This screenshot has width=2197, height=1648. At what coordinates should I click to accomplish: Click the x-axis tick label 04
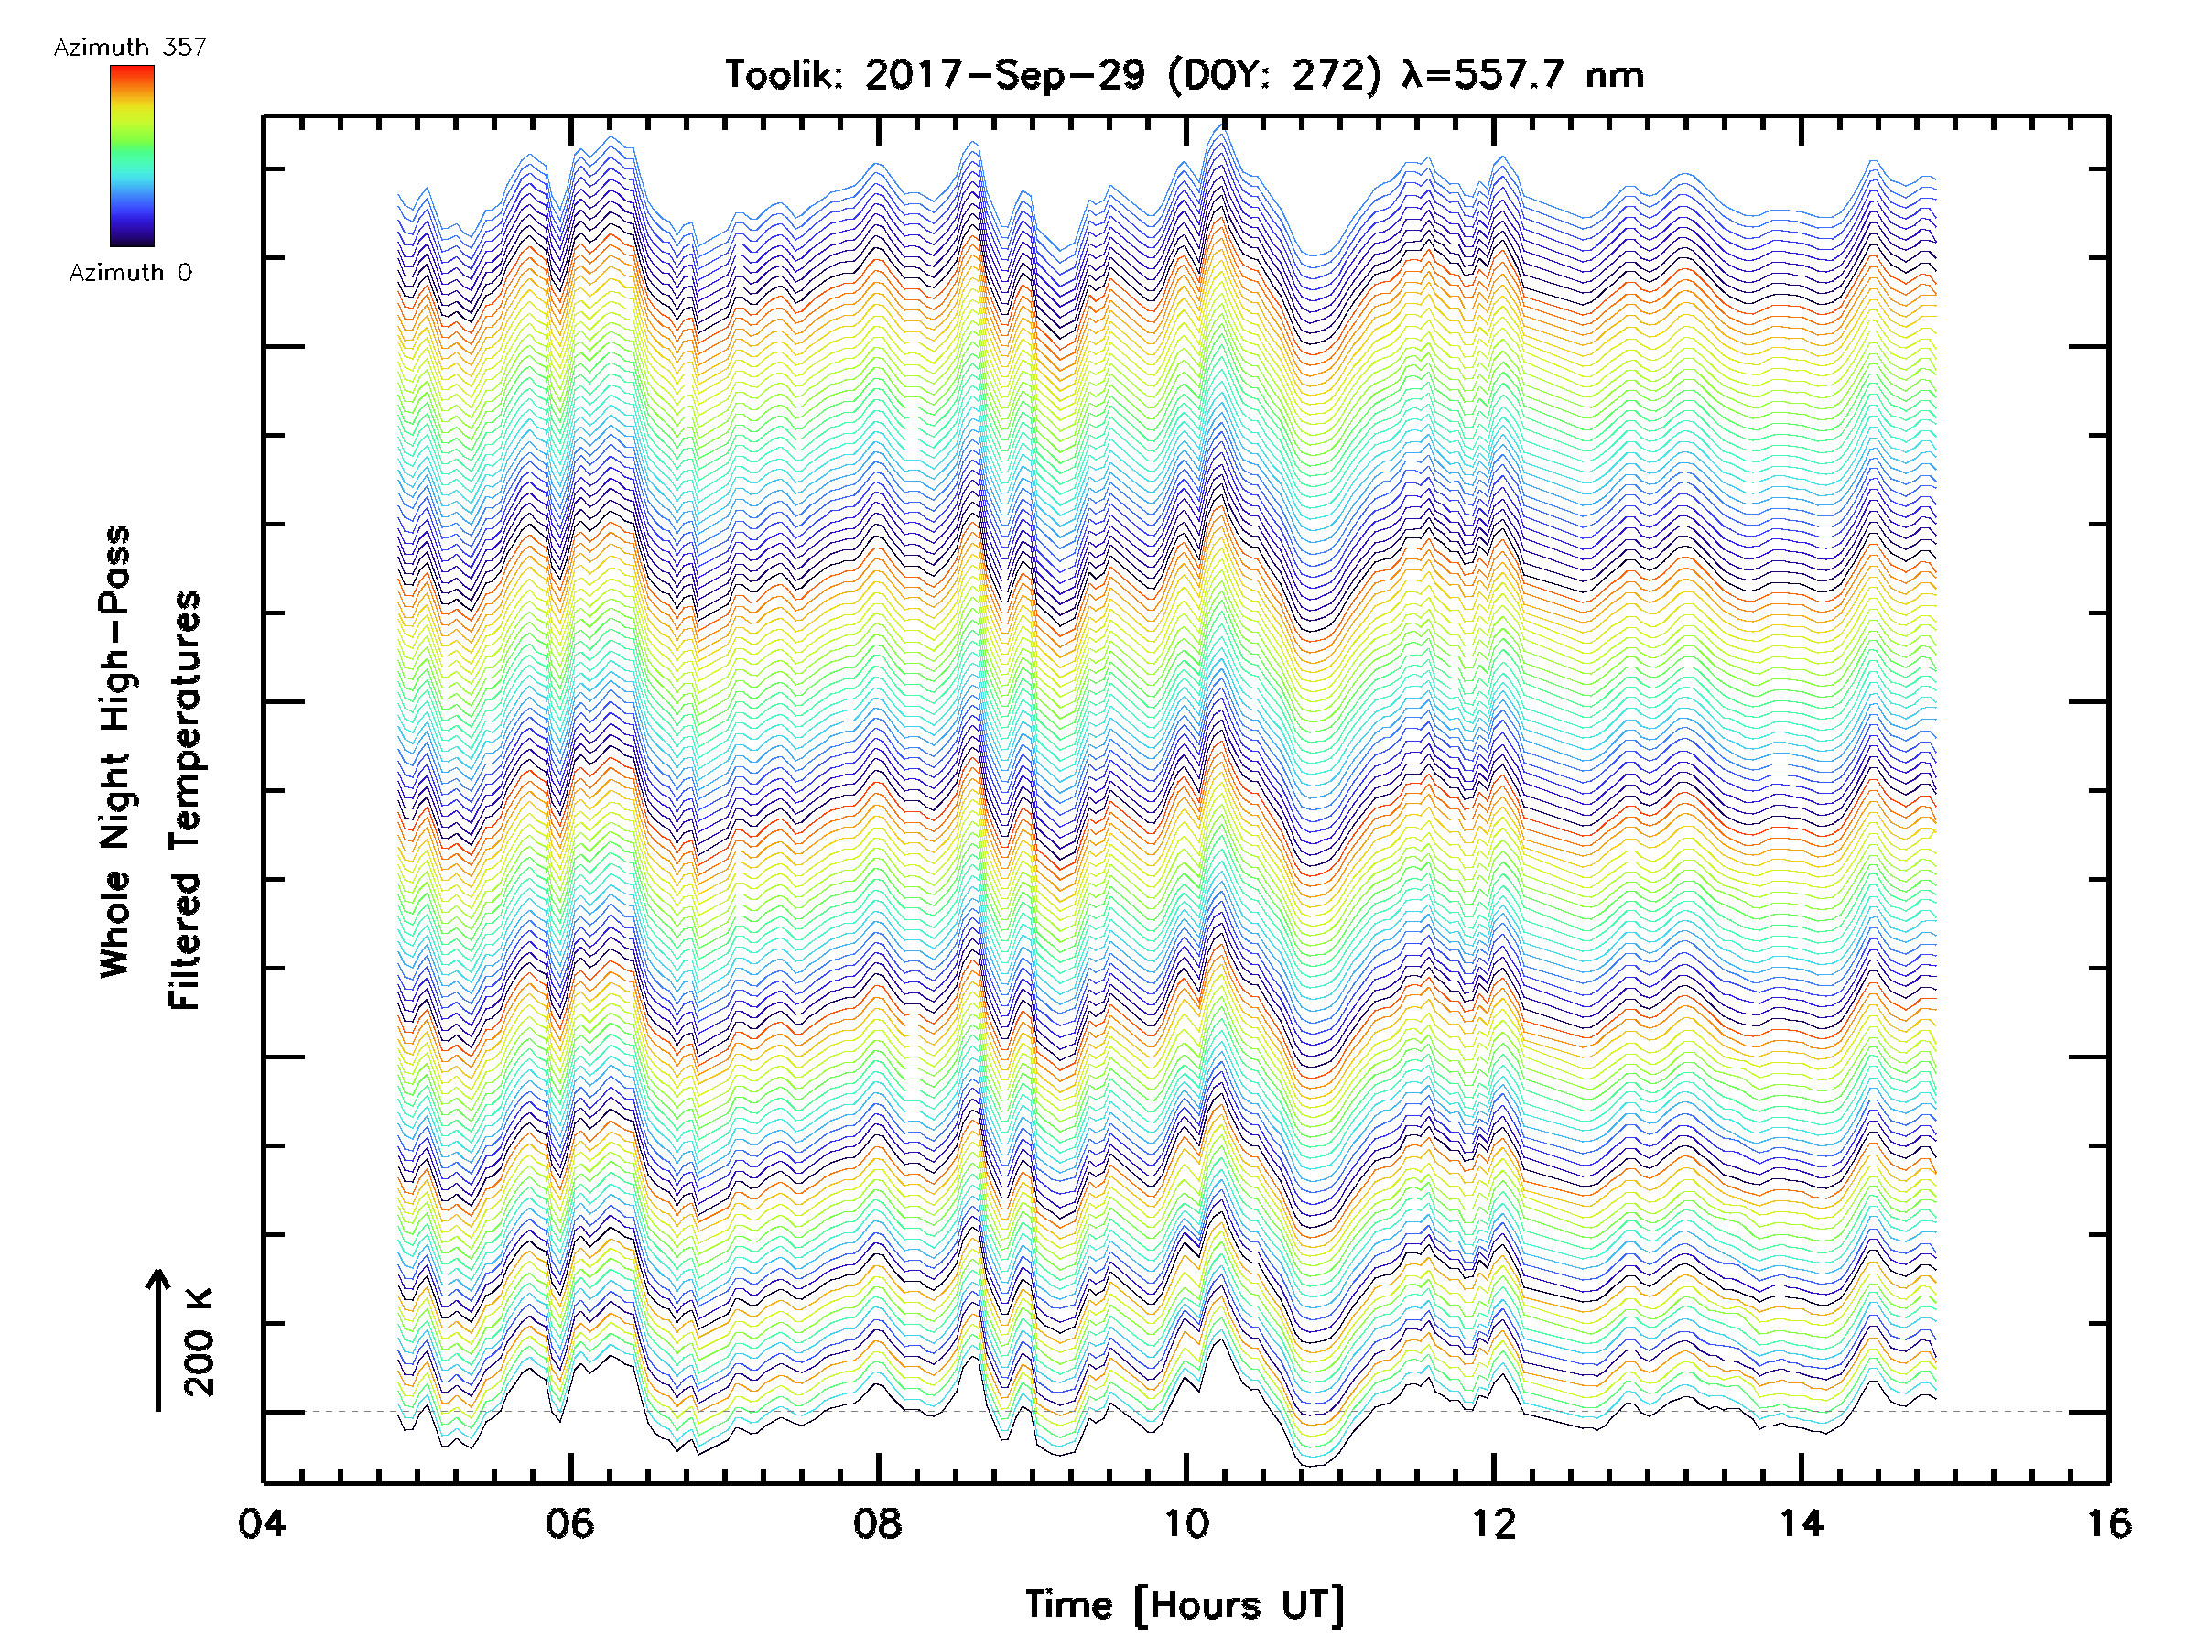click(x=262, y=1523)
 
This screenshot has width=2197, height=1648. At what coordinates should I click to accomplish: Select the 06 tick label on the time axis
click(x=570, y=1523)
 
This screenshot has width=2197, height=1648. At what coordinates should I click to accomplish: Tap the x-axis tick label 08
click(x=878, y=1523)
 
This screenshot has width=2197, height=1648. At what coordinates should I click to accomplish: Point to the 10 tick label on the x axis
click(x=1185, y=1523)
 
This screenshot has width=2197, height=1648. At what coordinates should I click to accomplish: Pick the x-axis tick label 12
click(x=1494, y=1523)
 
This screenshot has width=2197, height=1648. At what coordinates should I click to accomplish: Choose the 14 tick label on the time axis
click(x=1801, y=1523)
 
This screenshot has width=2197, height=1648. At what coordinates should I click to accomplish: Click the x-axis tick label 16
click(x=2107, y=1523)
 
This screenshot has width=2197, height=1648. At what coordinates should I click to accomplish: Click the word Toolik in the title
click(x=784, y=75)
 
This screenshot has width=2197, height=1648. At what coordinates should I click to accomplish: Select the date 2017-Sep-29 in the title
click(x=1004, y=75)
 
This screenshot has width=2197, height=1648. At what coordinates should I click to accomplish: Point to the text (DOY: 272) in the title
click(x=1273, y=75)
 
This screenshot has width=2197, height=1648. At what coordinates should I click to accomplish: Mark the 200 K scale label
click(x=199, y=1342)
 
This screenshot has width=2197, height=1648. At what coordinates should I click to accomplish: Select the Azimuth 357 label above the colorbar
click(x=130, y=48)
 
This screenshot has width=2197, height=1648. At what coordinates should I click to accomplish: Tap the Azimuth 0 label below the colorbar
click(x=130, y=273)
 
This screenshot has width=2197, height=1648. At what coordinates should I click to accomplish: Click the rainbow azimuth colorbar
click(x=132, y=156)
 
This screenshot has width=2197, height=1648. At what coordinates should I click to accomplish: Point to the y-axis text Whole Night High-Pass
click(x=115, y=752)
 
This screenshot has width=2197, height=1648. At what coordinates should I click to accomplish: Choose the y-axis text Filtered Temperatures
click(x=185, y=801)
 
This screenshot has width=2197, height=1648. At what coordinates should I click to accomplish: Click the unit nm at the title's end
click(x=1614, y=75)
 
